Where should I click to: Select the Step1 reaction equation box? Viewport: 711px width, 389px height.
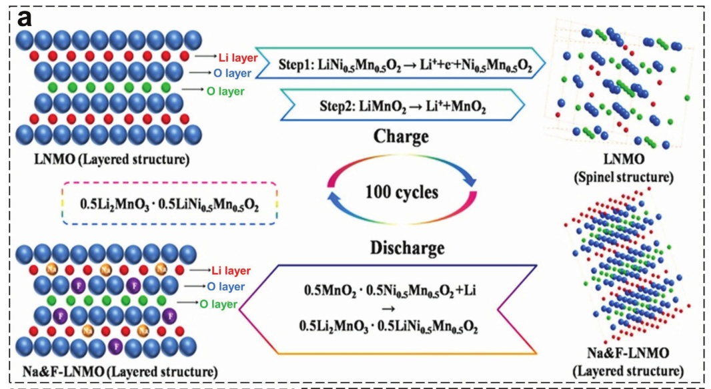pyautogui.click(x=400, y=65)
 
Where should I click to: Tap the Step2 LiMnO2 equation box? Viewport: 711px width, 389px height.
pyautogui.click(x=400, y=107)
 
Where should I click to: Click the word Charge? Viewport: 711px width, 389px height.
pyautogui.click(x=401, y=138)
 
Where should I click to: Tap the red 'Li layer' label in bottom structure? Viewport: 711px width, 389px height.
pyautogui.click(x=231, y=270)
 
